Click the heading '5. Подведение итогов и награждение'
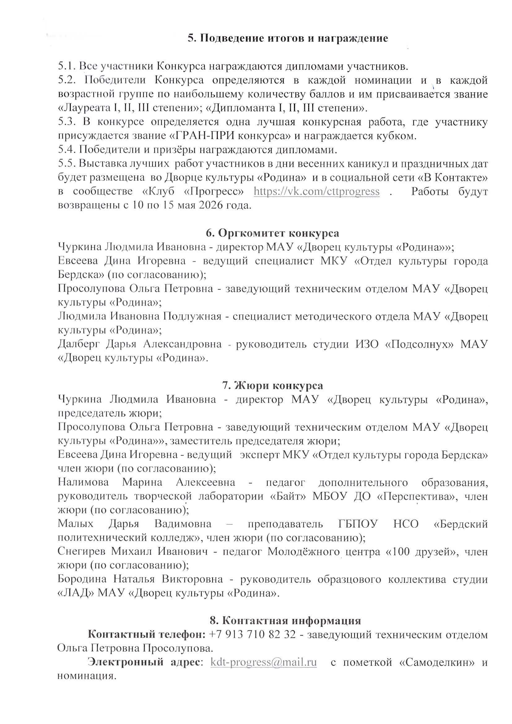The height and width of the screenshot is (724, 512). point(288,38)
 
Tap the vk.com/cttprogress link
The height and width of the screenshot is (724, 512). point(317,191)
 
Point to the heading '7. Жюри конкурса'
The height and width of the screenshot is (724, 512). point(272,386)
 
